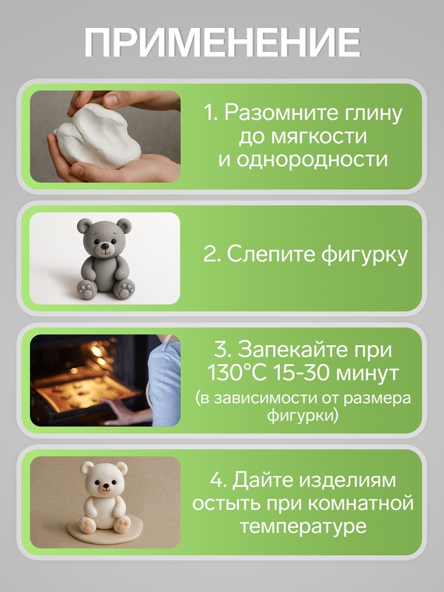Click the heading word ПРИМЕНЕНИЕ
222,42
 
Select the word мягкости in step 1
318,136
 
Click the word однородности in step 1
312,160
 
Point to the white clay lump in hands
98,136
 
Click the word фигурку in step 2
364,255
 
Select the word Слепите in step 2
271,254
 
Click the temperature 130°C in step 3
237,373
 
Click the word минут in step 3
367,374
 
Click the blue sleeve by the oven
164,381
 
